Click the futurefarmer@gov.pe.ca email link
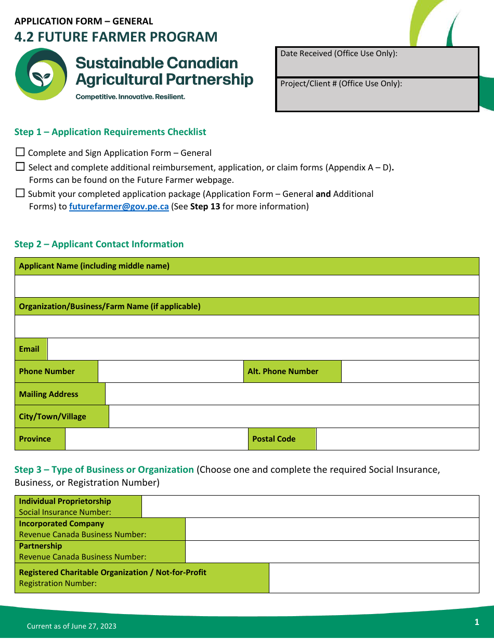tap(119, 206)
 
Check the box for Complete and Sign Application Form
tap(20, 152)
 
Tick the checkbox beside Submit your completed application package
tap(20, 193)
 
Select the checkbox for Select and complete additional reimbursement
tap(20, 167)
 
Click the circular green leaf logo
tap(41, 74)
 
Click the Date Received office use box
tap(377, 62)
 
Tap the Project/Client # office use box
tap(377, 95)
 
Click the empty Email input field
tap(263, 349)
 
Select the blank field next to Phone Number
tap(171, 371)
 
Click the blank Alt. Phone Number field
tap(410, 371)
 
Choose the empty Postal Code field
tap(397, 439)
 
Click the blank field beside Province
tap(156, 439)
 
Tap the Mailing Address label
tap(49, 394)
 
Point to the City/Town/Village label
tap(53, 417)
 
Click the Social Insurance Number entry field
tap(310, 507)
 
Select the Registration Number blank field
tap(373, 578)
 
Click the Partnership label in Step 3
tap(41, 546)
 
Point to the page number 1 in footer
tap(476, 622)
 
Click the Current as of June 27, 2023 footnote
tap(72, 626)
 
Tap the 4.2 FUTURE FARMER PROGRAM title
tap(116, 37)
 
